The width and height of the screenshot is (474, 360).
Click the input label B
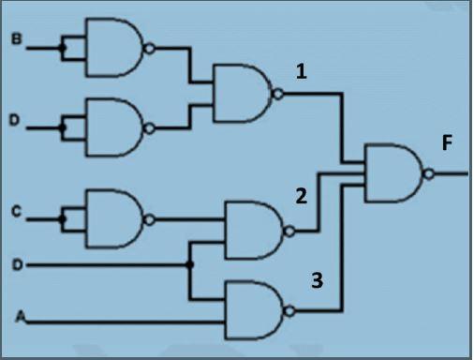tap(15, 40)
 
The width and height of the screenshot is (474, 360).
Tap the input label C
tap(15, 213)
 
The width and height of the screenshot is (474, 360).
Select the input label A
tap(17, 319)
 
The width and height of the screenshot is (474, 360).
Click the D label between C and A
tap(15, 265)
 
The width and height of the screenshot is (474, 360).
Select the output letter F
tap(448, 144)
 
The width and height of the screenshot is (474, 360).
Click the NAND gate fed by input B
tap(113, 45)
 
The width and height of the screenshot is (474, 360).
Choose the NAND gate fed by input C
tap(113, 218)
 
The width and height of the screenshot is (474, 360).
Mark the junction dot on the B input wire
tap(63, 45)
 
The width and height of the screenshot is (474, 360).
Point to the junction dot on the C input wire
tap(63, 218)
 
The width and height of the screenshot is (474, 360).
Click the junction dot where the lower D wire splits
tap(190, 265)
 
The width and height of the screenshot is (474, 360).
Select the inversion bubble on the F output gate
tap(430, 173)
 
